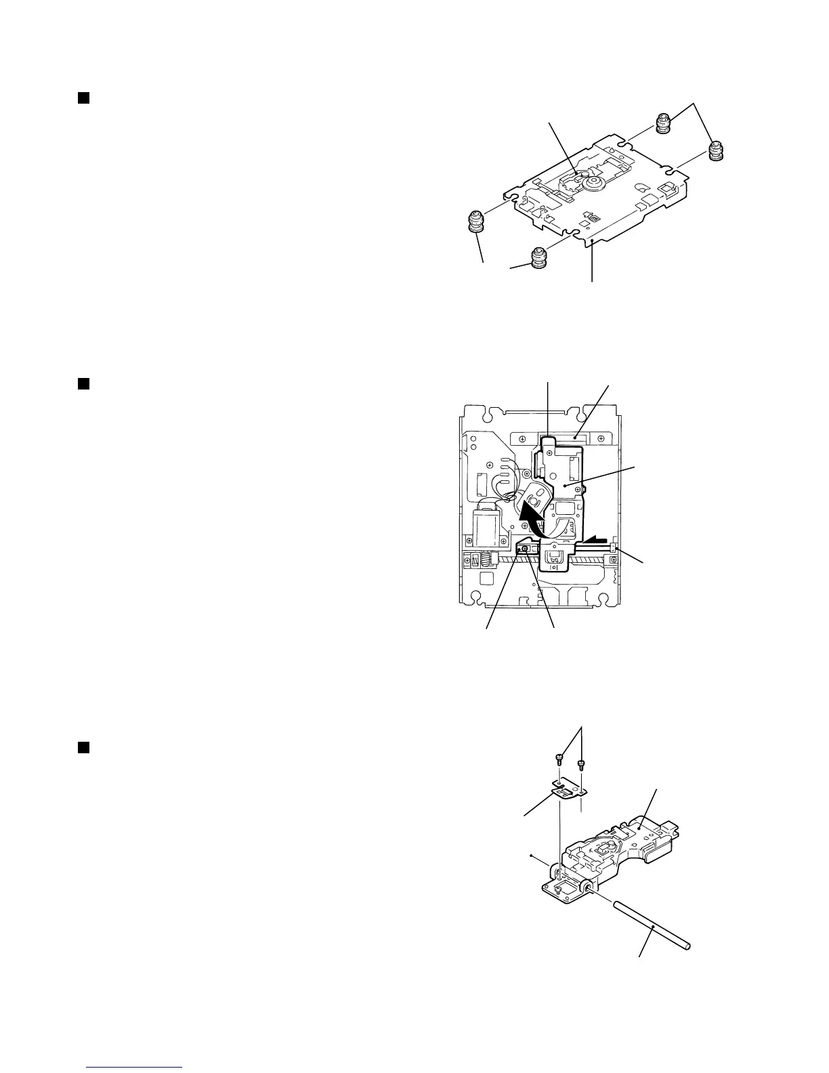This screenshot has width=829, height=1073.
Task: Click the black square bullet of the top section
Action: [x=83, y=98]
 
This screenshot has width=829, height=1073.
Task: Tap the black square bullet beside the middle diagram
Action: [x=83, y=384]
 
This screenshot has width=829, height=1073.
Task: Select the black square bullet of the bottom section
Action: [x=83, y=747]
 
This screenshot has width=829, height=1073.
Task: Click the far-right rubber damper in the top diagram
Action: [x=716, y=151]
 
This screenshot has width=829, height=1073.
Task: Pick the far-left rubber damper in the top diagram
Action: [x=477, y=222]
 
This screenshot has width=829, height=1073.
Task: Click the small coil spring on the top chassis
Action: [x=594, y=219]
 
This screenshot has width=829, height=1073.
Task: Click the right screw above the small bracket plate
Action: [x=580, y=763]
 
